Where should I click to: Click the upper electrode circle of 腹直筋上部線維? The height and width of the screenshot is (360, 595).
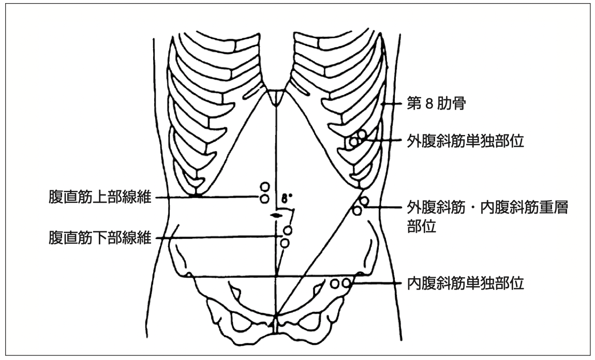click(264, 187)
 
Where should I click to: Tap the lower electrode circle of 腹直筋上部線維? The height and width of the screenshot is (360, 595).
click(264, 198)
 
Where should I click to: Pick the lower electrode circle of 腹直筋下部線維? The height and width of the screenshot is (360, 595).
click(285, 243)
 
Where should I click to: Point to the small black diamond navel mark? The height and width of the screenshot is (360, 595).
click(277, 214)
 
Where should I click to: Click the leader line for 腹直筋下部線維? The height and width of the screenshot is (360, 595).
click(217, 238)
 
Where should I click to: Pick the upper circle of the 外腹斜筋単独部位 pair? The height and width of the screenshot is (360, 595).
click(361, 134)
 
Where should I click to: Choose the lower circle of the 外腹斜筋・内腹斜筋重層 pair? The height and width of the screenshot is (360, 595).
click(357, 210)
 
